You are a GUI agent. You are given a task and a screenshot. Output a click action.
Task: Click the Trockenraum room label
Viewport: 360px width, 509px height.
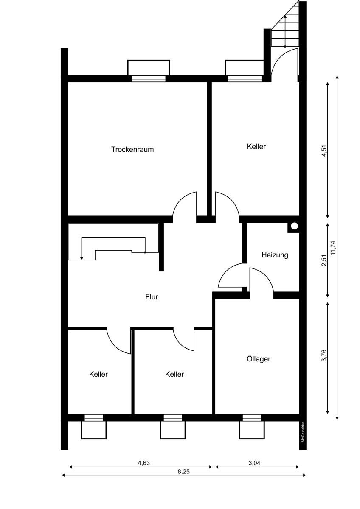132,149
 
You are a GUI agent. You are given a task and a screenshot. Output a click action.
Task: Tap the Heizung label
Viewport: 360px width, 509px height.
275,255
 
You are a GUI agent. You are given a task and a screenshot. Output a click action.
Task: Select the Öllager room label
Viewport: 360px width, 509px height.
259,359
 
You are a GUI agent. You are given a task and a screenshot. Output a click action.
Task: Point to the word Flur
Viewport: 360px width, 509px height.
152,297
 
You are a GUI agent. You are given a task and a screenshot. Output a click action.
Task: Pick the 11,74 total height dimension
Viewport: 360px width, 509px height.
333,247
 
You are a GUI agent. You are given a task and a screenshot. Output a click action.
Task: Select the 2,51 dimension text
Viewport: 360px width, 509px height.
324,260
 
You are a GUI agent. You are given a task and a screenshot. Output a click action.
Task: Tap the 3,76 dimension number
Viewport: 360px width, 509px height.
324,355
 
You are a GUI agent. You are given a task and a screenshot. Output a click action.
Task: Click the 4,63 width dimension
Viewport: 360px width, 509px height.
144,463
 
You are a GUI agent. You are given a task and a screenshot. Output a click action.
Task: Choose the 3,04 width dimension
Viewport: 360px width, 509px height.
254,463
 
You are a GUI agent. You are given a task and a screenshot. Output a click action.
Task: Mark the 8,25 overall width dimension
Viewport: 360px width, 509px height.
183,472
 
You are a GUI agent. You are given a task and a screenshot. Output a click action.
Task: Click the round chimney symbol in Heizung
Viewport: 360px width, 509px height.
294,226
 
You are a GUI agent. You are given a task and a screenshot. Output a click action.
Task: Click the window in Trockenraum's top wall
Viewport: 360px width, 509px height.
149,78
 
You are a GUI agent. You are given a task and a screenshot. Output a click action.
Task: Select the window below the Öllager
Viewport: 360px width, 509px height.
252,418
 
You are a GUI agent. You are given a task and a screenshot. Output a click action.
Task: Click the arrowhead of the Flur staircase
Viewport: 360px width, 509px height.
82,258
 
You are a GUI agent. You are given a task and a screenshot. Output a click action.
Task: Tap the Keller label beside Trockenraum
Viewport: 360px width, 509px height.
256,147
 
